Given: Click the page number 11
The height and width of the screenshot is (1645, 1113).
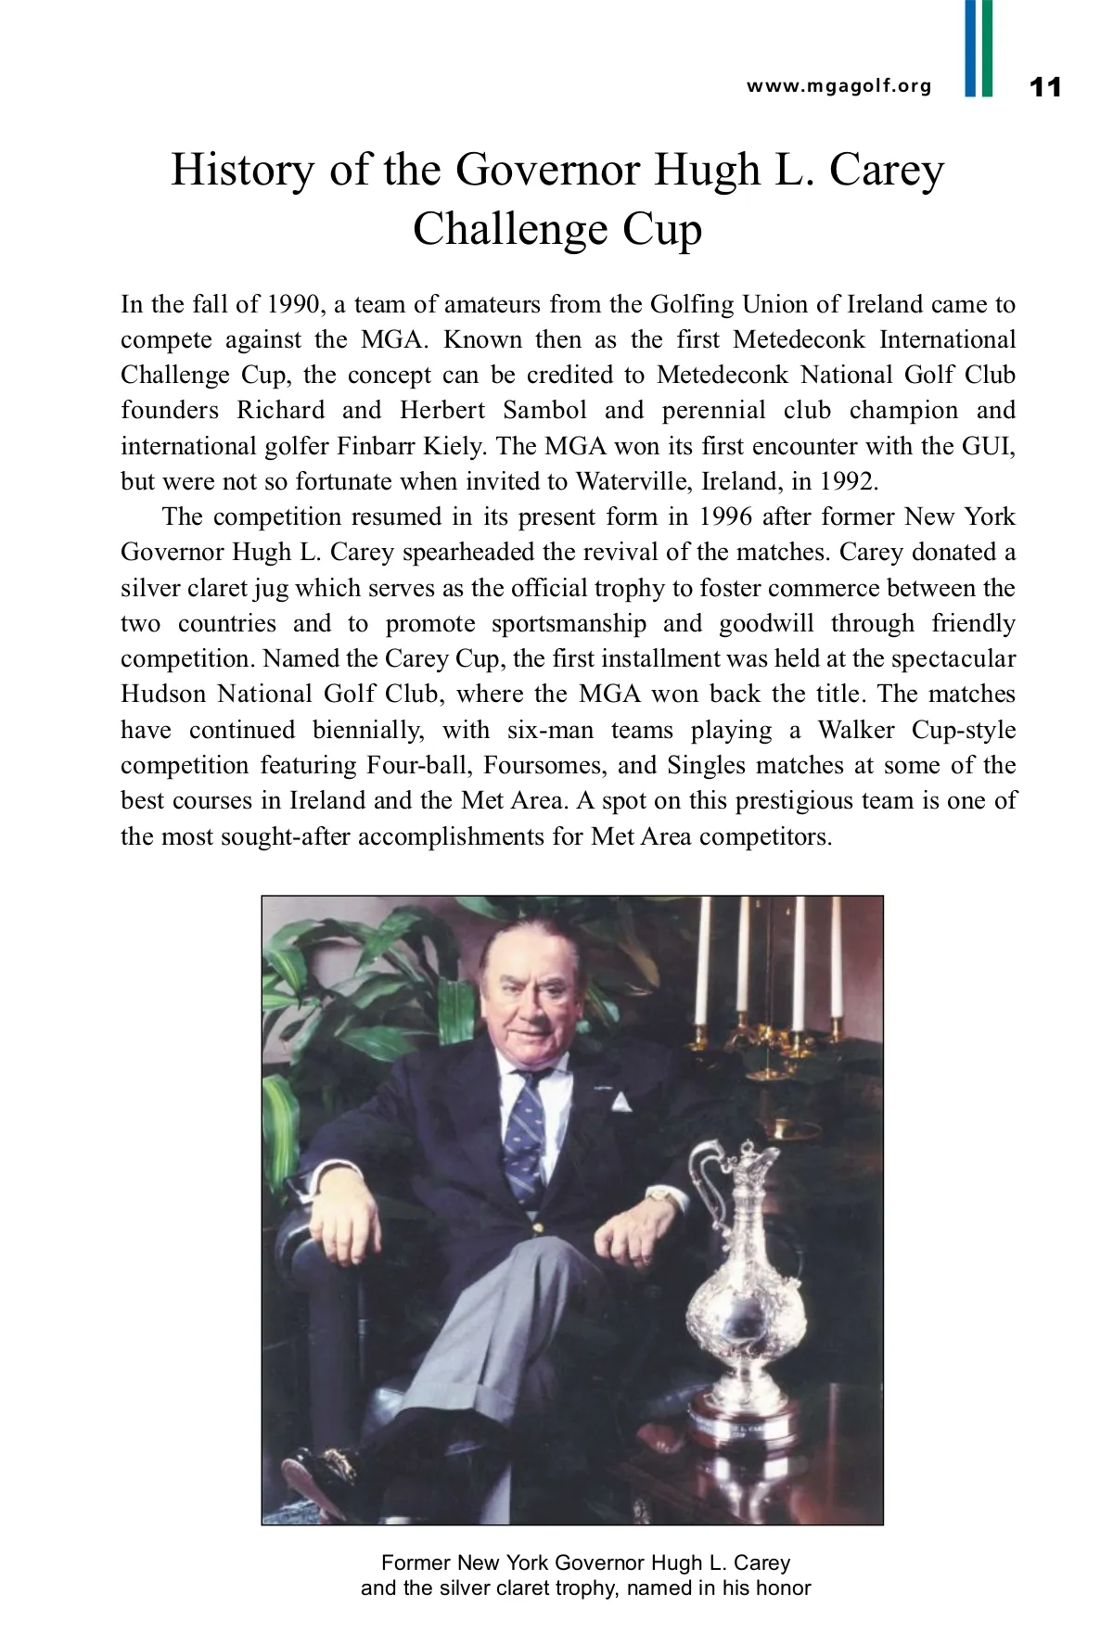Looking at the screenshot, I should pyautogui.click(x=1045, y=87).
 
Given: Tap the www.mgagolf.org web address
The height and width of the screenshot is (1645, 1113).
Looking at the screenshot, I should pyautogui.click(x=838, y=86).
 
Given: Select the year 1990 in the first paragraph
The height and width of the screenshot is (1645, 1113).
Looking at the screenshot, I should pyautogui.click(x=292, y=304).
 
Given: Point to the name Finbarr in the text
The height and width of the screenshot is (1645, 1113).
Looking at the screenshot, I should pyautogui.click(x=376, y=446).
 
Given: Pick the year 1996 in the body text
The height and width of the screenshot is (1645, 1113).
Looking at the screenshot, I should pyautogui.click(x=726, y=516).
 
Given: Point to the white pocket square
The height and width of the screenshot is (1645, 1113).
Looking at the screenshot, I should pyautogui.click(x=620, y=1101).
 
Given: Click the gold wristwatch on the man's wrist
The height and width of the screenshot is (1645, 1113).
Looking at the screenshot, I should pyautogui.click(x=661, y=1197).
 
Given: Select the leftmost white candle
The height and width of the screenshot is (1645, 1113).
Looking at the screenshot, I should pyautogui.click(x=701, y=964).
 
